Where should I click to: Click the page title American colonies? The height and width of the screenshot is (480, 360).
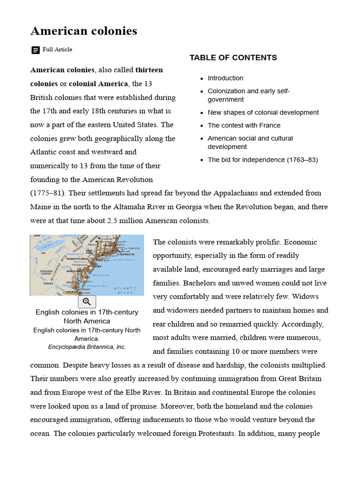coord(83,31)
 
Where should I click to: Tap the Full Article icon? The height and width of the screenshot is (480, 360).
coord(36,50)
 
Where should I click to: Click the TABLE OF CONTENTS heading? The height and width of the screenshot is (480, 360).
coord(233,58)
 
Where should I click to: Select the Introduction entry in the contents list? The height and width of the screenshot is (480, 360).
coord(225,78)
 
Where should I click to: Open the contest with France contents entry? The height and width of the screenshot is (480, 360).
coord(244,126)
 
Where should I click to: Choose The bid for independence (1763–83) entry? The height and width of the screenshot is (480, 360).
coord(262,160)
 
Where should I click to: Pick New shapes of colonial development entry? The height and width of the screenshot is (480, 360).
coord(263,112)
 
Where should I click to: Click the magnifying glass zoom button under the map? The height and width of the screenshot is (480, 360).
coord(87,302)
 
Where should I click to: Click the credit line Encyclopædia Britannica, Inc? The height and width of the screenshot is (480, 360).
coord(87,347)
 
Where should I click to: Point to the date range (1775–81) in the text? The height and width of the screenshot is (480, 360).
coord(45,193)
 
